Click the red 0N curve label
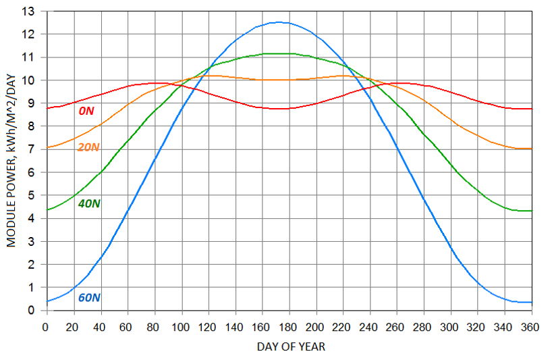click(x=86, y=110)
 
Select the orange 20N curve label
click(x=88, y=147)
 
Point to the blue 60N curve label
click(x=90, y=297)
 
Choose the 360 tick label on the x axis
click(x=532, y=326)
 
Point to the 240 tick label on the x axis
click(x=370, y=326)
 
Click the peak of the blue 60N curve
click(x=279, y=22)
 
